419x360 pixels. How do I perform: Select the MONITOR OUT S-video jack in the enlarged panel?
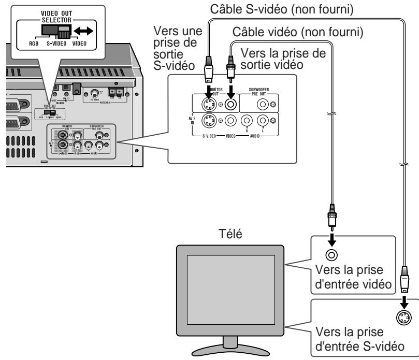[x=210, y=106]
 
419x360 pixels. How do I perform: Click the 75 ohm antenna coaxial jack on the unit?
[x=95, y=94]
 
